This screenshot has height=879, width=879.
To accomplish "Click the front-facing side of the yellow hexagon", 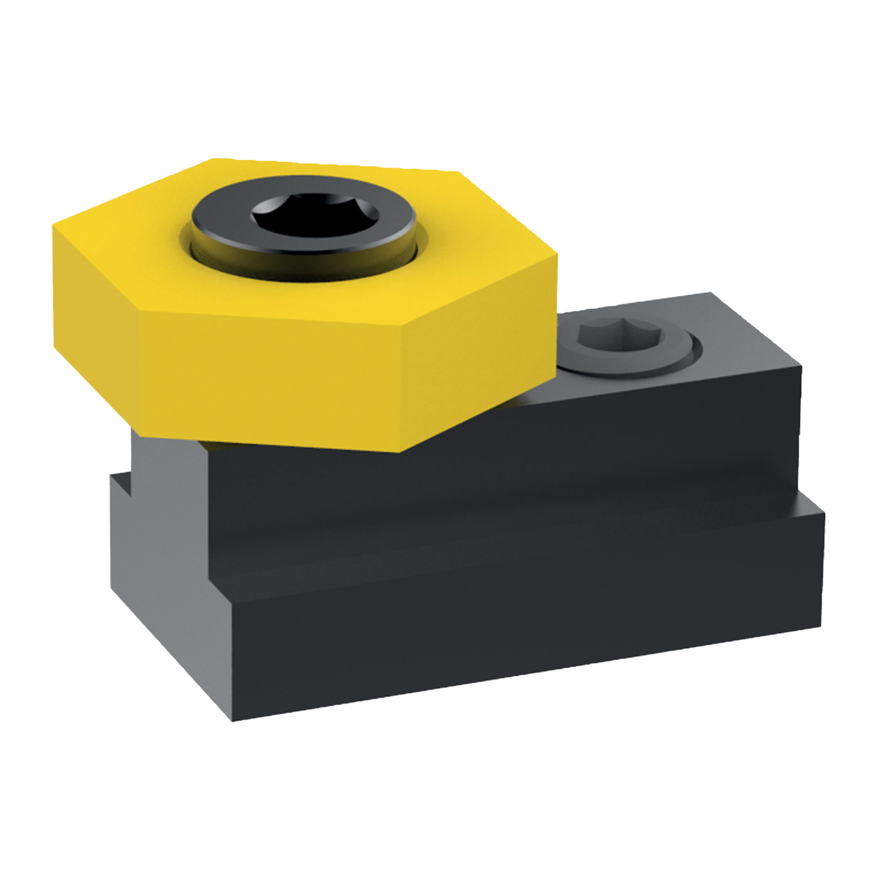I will pyautogui.click(x=270, y=375).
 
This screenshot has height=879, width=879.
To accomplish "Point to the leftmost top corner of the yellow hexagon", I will pyautogui.click(x=54, y=224).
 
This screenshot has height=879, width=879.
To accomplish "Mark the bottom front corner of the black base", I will pyautogui.click(x=233, y=720).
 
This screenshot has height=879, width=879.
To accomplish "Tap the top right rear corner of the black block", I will pyautogui.click(x=711, y=293).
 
